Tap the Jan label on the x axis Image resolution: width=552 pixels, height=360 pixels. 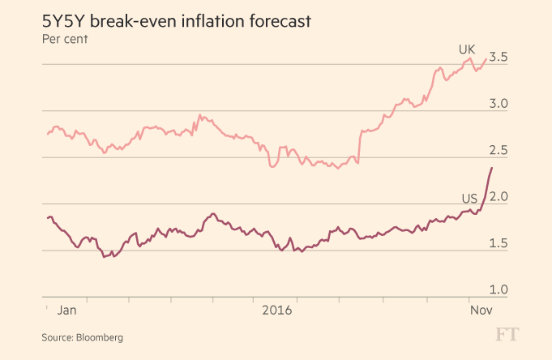[68, 309]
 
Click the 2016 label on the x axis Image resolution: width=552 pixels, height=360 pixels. [277, 309]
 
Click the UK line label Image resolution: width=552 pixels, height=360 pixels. [467, 49]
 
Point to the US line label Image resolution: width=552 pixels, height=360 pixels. [469, 198]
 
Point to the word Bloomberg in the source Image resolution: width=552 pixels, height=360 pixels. [100, 336]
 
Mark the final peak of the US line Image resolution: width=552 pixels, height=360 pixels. [491, 168]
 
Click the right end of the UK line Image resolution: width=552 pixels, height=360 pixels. [486, 58]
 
